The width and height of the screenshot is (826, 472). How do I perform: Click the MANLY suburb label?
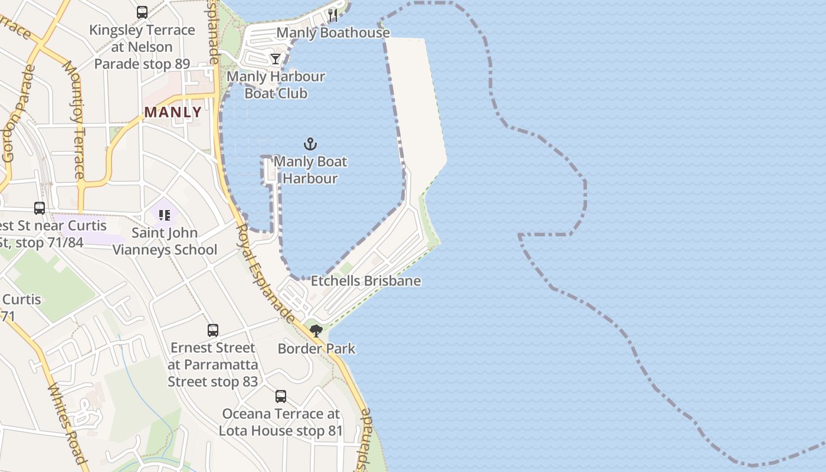point(173,112)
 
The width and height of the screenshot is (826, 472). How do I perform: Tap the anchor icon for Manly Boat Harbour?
point(310,144)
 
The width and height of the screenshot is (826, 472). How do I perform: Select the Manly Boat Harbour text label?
point(310,170)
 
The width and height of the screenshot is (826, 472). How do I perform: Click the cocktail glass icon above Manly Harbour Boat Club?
point(276,59)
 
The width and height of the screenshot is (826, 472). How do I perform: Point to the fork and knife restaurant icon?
point(333,15)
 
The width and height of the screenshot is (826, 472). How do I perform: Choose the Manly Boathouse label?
point(333,32)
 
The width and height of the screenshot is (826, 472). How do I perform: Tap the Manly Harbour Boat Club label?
point(276,85)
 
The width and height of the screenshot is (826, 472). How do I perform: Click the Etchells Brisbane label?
point(366,281)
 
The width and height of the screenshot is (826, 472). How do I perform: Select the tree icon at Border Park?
point(316,330)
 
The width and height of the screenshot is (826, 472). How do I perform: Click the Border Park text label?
point(317,349)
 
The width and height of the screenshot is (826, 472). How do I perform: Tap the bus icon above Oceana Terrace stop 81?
point(281,396)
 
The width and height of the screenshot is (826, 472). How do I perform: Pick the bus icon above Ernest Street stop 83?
point(213,330)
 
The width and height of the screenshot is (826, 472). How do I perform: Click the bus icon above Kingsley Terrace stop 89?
point(142,12)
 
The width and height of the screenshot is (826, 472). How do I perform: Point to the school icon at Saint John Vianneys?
point(165,215)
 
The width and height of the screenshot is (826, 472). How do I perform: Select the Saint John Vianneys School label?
point(165,241)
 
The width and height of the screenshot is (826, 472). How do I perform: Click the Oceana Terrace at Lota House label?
point(281,422)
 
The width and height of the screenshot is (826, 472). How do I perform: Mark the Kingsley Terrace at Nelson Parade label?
point(142,47)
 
